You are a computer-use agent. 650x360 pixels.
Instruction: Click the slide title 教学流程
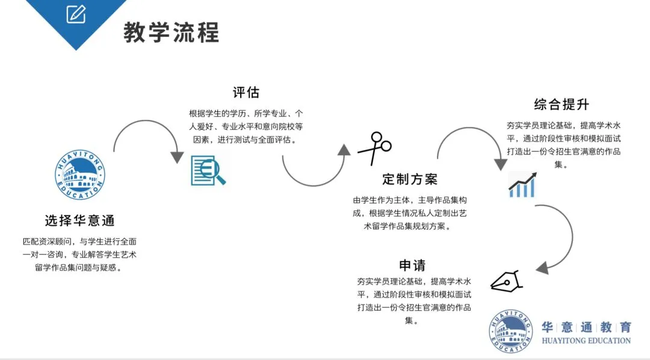172,32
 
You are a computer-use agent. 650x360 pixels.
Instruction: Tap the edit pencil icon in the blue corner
76,13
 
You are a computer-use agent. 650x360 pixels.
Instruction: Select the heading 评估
246,93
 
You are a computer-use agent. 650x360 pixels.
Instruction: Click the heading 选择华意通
79,220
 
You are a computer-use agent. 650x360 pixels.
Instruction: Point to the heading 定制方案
410,179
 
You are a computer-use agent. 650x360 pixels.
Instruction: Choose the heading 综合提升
562,104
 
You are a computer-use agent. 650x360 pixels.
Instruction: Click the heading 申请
412,265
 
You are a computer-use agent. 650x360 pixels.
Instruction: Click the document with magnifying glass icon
208,170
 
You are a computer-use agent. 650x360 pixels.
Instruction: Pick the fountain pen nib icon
507,281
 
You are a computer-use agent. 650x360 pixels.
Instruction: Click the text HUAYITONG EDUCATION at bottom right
586,341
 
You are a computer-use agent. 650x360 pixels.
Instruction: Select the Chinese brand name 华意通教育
586,327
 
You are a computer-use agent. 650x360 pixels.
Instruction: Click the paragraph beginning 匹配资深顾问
79,255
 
